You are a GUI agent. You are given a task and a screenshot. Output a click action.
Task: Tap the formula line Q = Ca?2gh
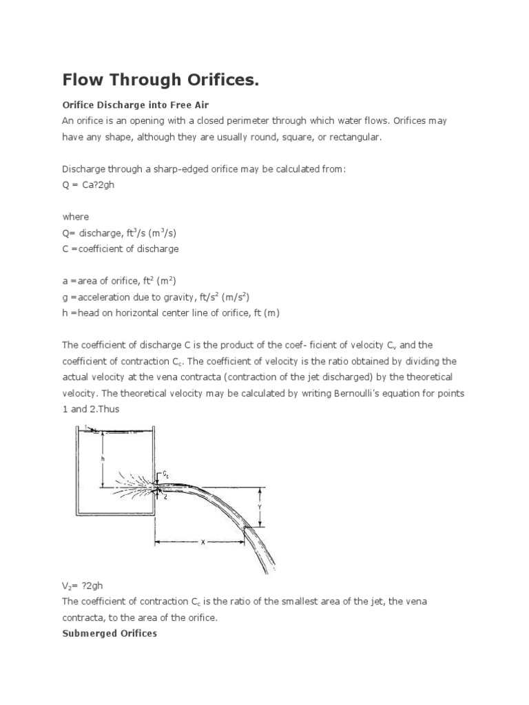(89, 185)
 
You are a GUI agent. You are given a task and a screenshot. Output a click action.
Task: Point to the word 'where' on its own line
(75, 216)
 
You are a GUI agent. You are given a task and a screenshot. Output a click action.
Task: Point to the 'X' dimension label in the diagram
(203, 542)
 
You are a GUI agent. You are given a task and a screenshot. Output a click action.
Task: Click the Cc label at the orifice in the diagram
(165, 474)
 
